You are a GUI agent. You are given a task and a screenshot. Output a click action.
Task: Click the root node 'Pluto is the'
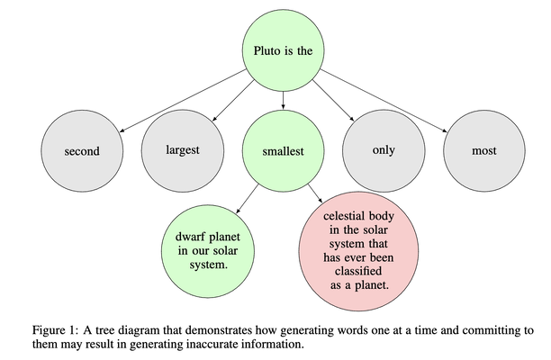(x=281, y=50)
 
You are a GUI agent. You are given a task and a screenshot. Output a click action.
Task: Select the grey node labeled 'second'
(x=81, y=151)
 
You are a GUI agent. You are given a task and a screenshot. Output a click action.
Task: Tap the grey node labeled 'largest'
(x=183, y=149)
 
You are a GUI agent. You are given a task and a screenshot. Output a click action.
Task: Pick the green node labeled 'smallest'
(x=281, y=151)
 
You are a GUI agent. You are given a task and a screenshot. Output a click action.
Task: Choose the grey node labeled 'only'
(x=384, y=149)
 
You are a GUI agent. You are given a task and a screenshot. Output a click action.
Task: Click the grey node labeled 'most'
(x=484, y=150)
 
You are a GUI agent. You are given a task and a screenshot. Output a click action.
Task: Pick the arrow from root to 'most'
(x=383, y=101)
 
